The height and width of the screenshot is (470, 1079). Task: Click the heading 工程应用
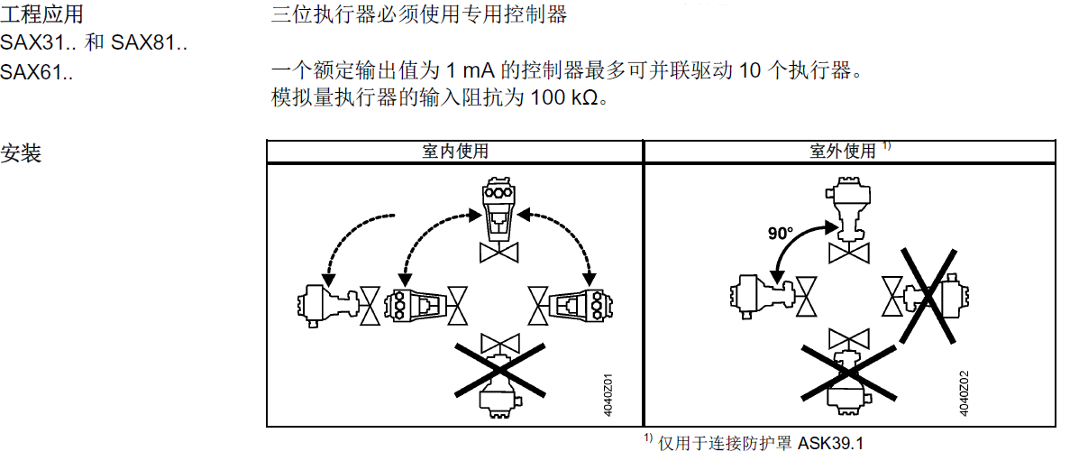42,15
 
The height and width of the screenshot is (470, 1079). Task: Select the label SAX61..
37,70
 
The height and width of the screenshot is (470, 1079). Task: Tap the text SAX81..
149,42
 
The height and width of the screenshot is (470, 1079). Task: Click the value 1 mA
470,70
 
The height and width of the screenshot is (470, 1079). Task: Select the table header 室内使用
454,152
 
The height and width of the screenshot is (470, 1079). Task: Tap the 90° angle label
781,234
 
